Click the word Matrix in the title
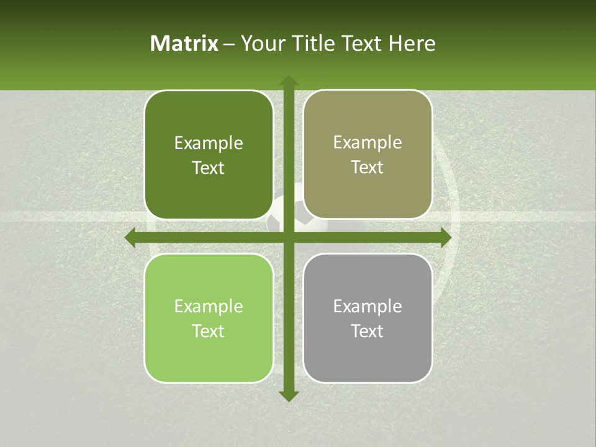click(184, 43)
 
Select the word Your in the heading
click(261, 43)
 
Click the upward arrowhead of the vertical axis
click(288, 80)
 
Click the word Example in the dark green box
click(209, 143)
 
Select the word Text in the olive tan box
click(368, 168)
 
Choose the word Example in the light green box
click(209, 307)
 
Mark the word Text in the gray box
click(368, 331)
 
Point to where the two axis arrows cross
click(288, 238)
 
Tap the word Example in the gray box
click(368, 306)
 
